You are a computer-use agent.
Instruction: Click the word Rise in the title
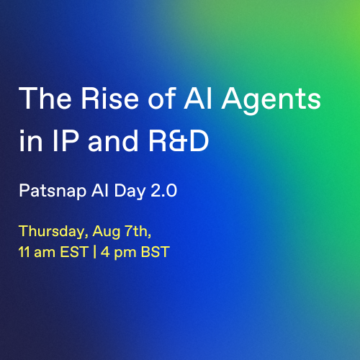point(110,98)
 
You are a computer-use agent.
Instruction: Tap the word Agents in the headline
point(271,101)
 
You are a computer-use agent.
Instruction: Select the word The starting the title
point(45,98)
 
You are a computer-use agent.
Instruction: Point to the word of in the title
point(162,98)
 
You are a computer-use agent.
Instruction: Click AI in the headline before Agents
point(198,98)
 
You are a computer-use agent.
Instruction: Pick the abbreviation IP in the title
point(66,140)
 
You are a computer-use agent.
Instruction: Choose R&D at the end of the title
point(179,140)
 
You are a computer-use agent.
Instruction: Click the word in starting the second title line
point(31,140)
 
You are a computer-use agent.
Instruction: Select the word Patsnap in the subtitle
point(53,192)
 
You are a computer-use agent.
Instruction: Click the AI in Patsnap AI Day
point(99,190)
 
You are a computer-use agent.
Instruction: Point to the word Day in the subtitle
point(130,192)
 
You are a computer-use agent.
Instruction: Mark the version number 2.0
point(164,191)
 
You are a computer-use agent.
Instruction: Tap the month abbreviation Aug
point(107,233)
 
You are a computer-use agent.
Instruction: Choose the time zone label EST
point(74,252)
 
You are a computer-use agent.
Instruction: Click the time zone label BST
point(155,252)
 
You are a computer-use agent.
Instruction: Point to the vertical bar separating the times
point(95,252)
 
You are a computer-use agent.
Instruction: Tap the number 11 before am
point(24,252)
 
